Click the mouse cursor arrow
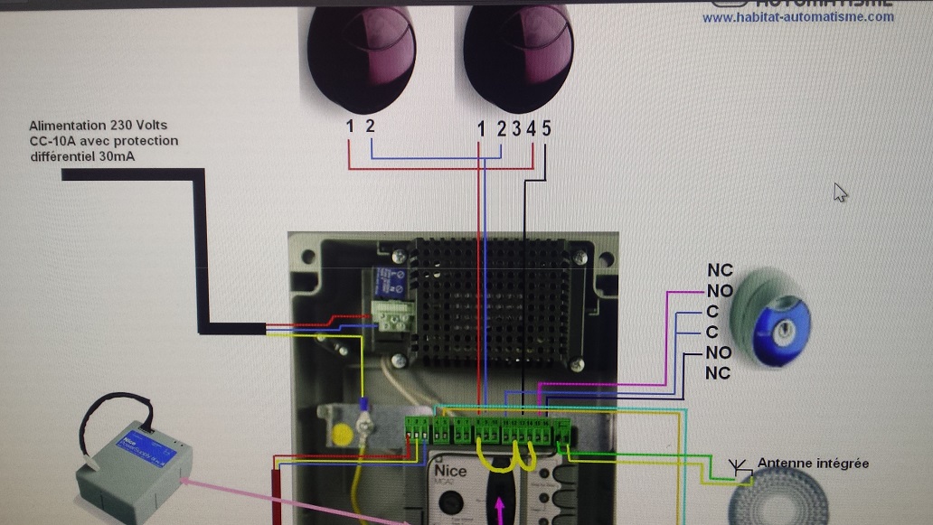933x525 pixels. coord(841,192)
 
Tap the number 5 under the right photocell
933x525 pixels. coord(546,128)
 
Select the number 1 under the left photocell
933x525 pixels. coord(350,127)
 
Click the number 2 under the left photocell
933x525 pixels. coord(370,127)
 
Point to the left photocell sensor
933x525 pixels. coord(361,50)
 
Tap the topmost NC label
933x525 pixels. coord(721,270)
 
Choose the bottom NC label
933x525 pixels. coord(718,373)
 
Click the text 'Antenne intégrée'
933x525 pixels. coord(813,464)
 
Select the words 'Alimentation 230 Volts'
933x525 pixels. coord(98,126)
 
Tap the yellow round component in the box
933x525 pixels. coord(343,435)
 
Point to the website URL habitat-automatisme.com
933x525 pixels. coord(797,17)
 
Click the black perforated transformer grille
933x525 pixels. coord(494,303)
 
